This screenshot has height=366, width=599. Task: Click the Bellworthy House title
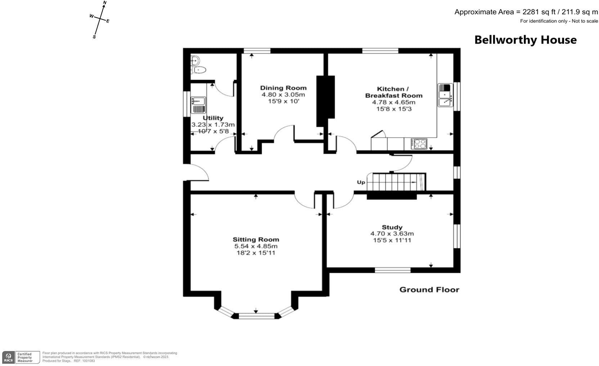(525, 40)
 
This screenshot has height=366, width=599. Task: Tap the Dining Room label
(283, 88)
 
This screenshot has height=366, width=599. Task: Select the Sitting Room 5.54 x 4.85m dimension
(256, 246)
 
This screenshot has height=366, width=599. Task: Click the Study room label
(392, 227)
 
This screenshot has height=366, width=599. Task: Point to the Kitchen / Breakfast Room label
(393, 92)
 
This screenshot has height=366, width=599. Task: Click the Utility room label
(213, 118)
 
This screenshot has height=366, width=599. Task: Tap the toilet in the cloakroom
(199, 70)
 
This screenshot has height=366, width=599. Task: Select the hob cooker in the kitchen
(419, 144)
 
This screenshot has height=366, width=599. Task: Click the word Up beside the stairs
(361, 182)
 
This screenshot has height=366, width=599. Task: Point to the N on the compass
(105, 3)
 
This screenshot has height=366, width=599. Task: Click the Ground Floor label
(429, 290)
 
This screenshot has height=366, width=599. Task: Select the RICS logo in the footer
(9, 357)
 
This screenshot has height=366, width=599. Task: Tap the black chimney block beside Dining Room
(325, 101)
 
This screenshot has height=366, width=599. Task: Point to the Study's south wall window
(392, 270)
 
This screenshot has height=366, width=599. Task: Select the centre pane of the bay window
(256, 316)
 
